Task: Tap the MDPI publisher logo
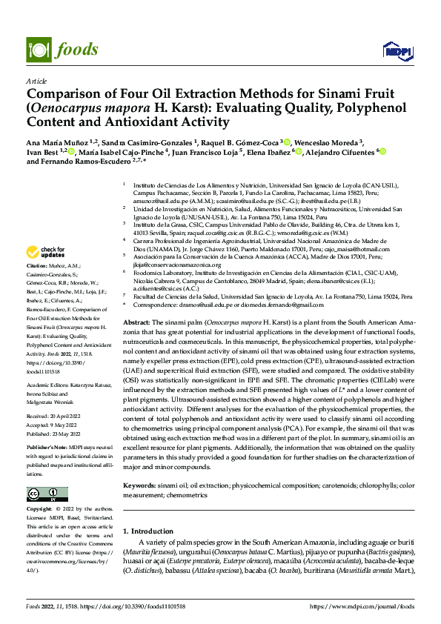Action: (396, 50)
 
